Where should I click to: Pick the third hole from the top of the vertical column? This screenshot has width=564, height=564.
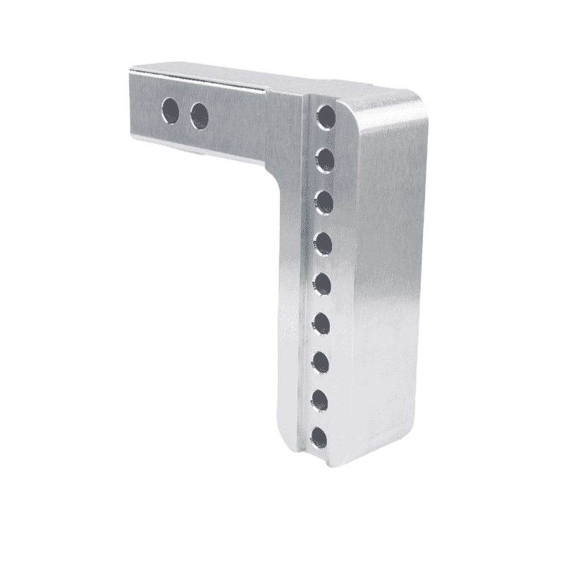click(x=324, y=202)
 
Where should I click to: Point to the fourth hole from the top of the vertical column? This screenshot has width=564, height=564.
click(x=324, y=243)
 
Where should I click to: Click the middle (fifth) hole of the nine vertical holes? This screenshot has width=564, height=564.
click(x=323, y=283)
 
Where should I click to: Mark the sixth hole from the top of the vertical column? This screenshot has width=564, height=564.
click(x=322, y=323)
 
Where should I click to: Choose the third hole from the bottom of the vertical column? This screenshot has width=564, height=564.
click(x=321, y=362)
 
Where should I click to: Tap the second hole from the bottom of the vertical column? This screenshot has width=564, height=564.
click(x=321, y=400)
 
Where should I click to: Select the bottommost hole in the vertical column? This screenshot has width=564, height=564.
click(x=320, y=438)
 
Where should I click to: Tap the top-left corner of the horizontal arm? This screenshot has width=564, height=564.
click(x=132, y=68)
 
